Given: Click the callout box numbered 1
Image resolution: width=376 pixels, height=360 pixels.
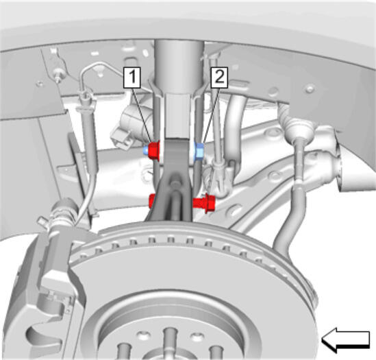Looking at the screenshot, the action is [x=132, y=77].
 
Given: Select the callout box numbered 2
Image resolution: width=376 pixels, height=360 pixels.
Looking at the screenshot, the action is [x=219, y=77].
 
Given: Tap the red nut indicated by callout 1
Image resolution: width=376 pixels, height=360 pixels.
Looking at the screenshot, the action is [x=154, y=151].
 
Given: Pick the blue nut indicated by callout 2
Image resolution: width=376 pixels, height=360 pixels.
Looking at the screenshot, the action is [x=199, y=152].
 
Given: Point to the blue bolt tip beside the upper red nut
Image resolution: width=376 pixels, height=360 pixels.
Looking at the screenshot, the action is [x=146, y=151].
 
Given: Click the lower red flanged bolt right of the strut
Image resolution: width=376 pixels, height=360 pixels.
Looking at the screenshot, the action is [x=204, y=203].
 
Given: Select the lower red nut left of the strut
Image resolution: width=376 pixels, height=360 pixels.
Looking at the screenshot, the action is [x=152, y=201].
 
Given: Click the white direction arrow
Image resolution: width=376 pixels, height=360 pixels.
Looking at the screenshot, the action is [x=345, y=339].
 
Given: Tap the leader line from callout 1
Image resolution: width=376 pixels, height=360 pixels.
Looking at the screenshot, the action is [x=142, y=115].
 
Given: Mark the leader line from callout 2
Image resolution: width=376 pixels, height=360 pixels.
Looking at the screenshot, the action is [x=211, y=115].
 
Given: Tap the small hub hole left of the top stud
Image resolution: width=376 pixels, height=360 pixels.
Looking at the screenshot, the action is [x=144, y=335].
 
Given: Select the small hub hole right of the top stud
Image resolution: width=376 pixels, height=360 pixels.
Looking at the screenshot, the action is [x=197, y=336].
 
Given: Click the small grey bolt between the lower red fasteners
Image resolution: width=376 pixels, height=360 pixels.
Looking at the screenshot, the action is [x=175, y=182].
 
